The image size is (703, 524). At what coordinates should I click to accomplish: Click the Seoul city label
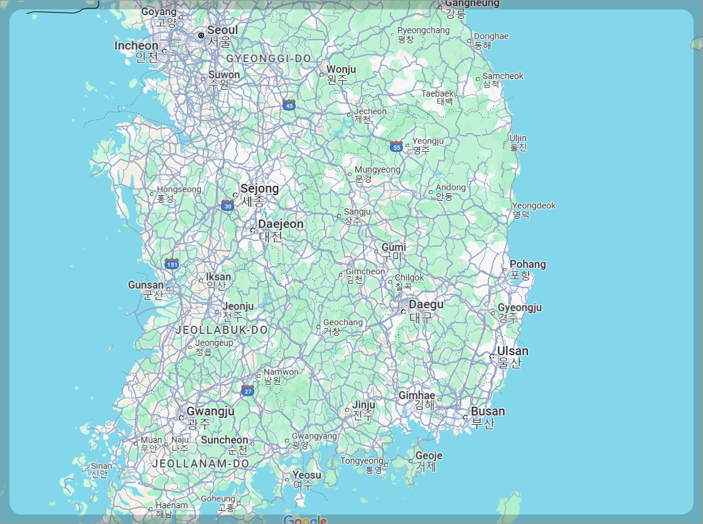pyautogui.click(x=222, y=30)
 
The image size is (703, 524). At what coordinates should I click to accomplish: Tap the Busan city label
pyautogui.click(x=488, y=412)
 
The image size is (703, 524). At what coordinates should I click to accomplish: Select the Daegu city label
pyautogui.click(x=426, y=305)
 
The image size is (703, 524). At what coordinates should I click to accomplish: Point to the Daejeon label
pyautogui.click(x=281, y=224)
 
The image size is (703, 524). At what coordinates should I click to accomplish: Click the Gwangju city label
pyautogui.click(x=210, y=412)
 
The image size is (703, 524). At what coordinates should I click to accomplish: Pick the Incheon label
pyautogui.click(x=136, y=46)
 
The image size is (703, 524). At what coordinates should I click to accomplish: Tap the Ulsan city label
pyautogui.click(x=513, y=351)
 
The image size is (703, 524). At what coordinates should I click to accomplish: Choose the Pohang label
pyautogui.click(x=527, y=264)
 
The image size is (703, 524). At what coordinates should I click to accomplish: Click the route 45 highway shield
pyautogui.click(x=289, y=105)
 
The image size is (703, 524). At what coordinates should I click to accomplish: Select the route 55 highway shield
pyautogui.click(x=396, y=146)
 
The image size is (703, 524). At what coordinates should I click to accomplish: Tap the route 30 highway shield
pyautogui.click(x=227, y=205)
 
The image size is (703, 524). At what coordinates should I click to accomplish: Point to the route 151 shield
pyautogui.click(x=172, y=264)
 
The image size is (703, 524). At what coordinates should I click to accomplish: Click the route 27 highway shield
pyautogui.click(x=248, y=391)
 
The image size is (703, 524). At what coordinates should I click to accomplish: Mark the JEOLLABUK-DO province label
pyautogui.click(x=222, y=329)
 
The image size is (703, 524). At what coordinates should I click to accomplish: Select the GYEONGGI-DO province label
pyautogui.click(x=269, y=58)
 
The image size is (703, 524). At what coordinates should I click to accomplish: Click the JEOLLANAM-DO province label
pyautogui.click(x=201, y=463)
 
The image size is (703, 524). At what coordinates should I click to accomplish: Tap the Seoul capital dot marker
pyautogui.click(x=201, y=36)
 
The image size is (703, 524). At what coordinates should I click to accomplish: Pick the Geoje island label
pyautogui.click(x=429, y=456)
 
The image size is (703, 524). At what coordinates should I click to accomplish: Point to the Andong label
pyautogui.click(x=451, y=188)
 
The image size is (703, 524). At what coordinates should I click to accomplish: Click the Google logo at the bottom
pyautogui.click(x=305, y=520)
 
